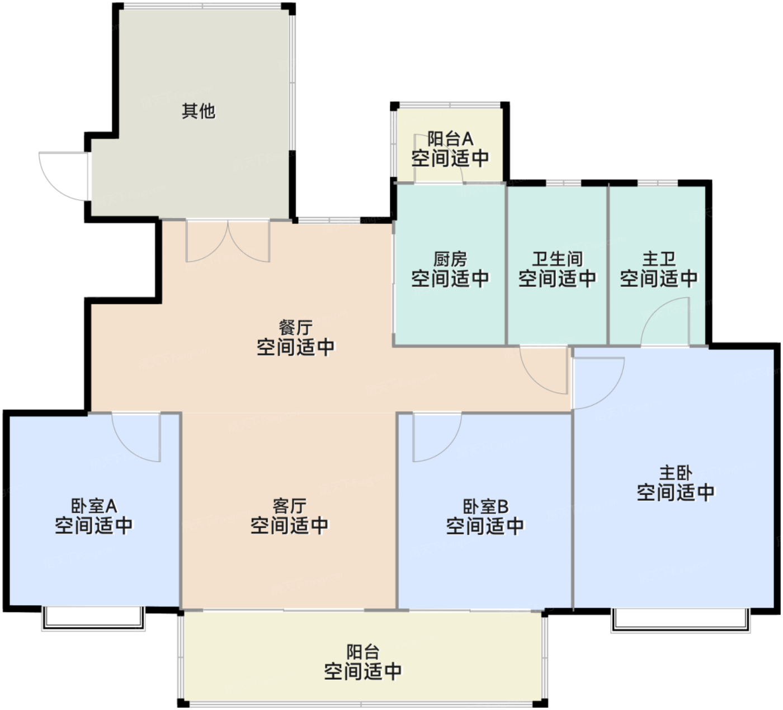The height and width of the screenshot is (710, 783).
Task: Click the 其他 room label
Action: (x=199, y=111)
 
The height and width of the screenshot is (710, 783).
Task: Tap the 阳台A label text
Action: (x=450, y=139)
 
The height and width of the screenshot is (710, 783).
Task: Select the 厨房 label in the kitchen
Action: (x=450, y=259)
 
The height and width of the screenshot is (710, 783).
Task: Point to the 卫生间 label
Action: (x=557, y=259)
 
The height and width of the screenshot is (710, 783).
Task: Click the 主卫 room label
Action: (x=659, y=259)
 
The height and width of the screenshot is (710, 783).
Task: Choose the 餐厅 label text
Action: (x=295, y=328)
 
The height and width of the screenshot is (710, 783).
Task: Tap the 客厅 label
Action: (x=289, y=506)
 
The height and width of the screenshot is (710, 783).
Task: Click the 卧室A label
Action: (x=93, y=506)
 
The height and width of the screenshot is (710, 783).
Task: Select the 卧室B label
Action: (x=485, y=507)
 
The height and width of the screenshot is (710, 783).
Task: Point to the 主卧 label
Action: (x=676, y=473)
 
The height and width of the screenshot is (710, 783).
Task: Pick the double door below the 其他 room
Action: (x=228, y=241)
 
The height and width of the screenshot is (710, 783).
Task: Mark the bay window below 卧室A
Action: (x=93, y=619)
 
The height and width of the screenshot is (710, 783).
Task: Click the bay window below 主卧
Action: (x=680, y=620)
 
